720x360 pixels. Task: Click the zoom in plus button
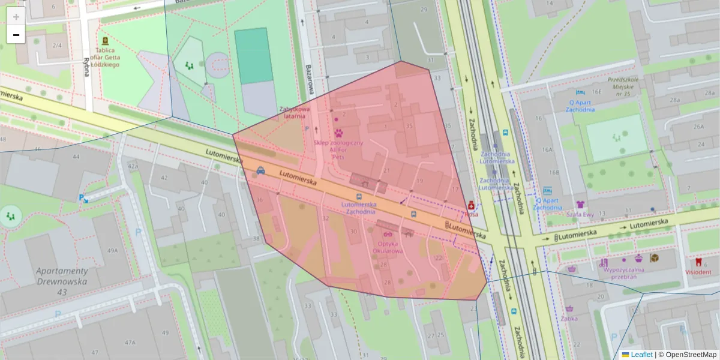click(x=16, y=17)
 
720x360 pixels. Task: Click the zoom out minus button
click(x=16, y=35)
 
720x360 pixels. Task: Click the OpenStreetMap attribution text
click(x=691, y=355)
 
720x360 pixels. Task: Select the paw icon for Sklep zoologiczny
click(x=338, y=133)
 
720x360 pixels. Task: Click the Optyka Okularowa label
click(x=388, y=247)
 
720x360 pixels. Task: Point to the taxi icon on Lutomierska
click(x=261, y=170)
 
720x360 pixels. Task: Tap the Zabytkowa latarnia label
click(x=295, y=112)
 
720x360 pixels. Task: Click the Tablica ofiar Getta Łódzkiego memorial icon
click(x=106, y=41)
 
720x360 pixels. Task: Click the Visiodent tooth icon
click(x=698, y=262)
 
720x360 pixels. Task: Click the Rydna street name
click(x=87, y=65)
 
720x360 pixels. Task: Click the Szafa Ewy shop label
click(x=580, y=214)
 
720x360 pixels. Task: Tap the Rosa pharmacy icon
click(x=471, y=205)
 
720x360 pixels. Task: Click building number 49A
click(x=112, y=250)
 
